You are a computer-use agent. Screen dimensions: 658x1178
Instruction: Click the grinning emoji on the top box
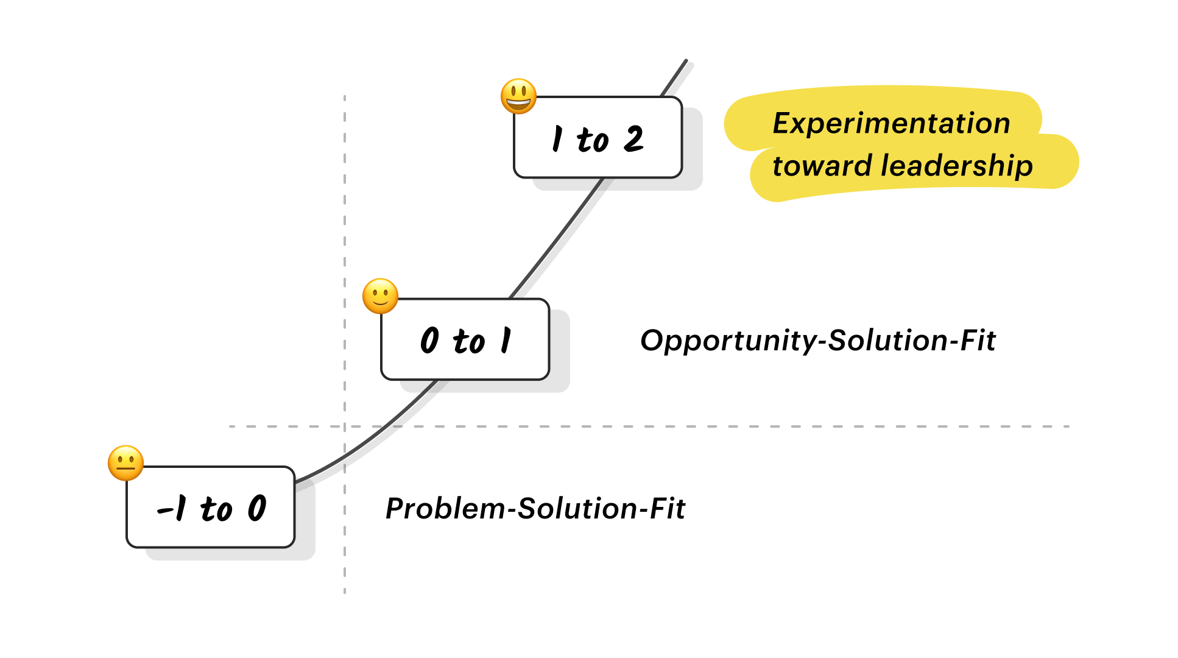coord(518,96)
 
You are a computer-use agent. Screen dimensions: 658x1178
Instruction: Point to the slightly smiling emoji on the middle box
coord(380,297)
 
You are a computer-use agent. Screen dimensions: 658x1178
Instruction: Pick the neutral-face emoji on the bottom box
coord(125,463)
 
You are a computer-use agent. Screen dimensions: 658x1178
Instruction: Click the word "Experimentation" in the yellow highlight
coord(891,123)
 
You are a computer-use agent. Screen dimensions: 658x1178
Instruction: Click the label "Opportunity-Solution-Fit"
coord(817,341)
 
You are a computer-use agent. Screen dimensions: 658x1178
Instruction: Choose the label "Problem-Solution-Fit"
coord(535,509)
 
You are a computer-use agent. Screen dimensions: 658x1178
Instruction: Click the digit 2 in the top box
coord(633,139)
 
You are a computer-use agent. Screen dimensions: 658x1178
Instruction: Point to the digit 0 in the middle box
coord(429,340)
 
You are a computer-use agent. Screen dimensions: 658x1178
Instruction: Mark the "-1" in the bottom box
coord(172,508)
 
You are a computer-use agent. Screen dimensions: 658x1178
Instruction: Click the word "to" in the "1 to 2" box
coord(592,140)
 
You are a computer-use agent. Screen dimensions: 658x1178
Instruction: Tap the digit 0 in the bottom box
coord(257,508)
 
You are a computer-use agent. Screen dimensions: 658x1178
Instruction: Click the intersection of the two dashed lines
coord(345,426)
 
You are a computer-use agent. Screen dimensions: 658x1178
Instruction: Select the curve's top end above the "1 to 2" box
coord(686,61)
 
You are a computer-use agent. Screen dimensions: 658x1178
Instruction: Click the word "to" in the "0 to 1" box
coord(468,341)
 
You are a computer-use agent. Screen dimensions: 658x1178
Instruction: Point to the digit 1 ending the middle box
coord(506,340)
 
